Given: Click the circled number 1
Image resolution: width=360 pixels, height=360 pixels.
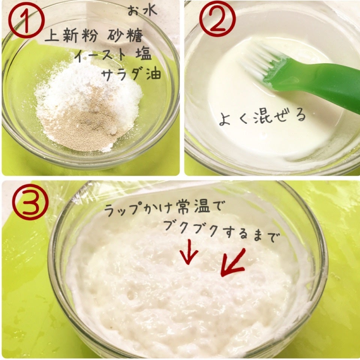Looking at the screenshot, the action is click(x=26, y=20).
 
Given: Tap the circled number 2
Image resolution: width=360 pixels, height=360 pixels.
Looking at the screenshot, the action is click(x=217, y=19).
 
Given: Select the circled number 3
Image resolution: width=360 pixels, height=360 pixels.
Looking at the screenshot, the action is click(x=30, y=202).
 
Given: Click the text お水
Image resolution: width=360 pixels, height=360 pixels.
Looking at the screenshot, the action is click(x=142, y=11).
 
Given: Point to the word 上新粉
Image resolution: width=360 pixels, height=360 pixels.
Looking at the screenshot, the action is click(x=71, y=36).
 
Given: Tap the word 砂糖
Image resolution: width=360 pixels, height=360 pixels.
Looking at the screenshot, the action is click(x=125, y=36).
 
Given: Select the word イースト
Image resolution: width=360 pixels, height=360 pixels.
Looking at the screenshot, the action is click(x=100, y=55).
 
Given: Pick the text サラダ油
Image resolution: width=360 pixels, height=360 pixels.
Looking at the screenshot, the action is click(x=131, y=74).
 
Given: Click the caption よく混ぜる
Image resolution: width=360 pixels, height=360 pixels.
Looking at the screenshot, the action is click(x=262, y=117).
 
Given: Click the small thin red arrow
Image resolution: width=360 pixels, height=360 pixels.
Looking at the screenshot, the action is click(x=189, y=252).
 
